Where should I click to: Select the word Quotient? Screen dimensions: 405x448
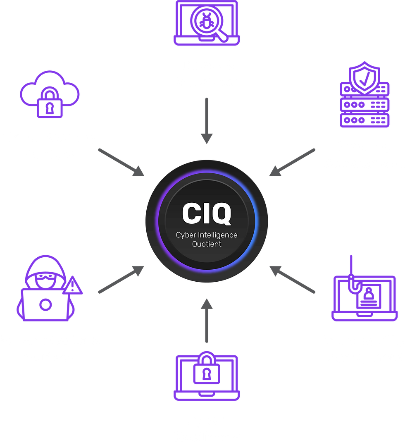tap(207, 244)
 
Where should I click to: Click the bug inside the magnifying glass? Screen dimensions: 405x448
tap(207, 21)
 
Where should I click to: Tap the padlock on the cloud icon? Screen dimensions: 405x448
tap(50, 102)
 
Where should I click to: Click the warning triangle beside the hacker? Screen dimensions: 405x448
tap(72, 285)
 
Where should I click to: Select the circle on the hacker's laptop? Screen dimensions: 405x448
tap(46, 304)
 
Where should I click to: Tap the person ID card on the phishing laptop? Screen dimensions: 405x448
tap(369, 296)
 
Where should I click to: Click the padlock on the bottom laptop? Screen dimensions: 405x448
tap(207, 368)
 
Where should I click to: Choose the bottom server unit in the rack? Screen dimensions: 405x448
tap(364, 120)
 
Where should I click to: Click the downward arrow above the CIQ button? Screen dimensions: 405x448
tap(207, 121)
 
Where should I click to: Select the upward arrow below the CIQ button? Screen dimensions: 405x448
tap(207, 320)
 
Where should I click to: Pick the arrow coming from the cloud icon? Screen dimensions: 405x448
tap(121, 162)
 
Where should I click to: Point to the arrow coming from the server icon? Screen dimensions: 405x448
tap(292, 162)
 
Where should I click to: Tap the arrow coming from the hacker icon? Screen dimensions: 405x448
tap(121, 280)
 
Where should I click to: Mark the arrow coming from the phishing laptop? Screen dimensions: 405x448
tap(292, 280)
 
